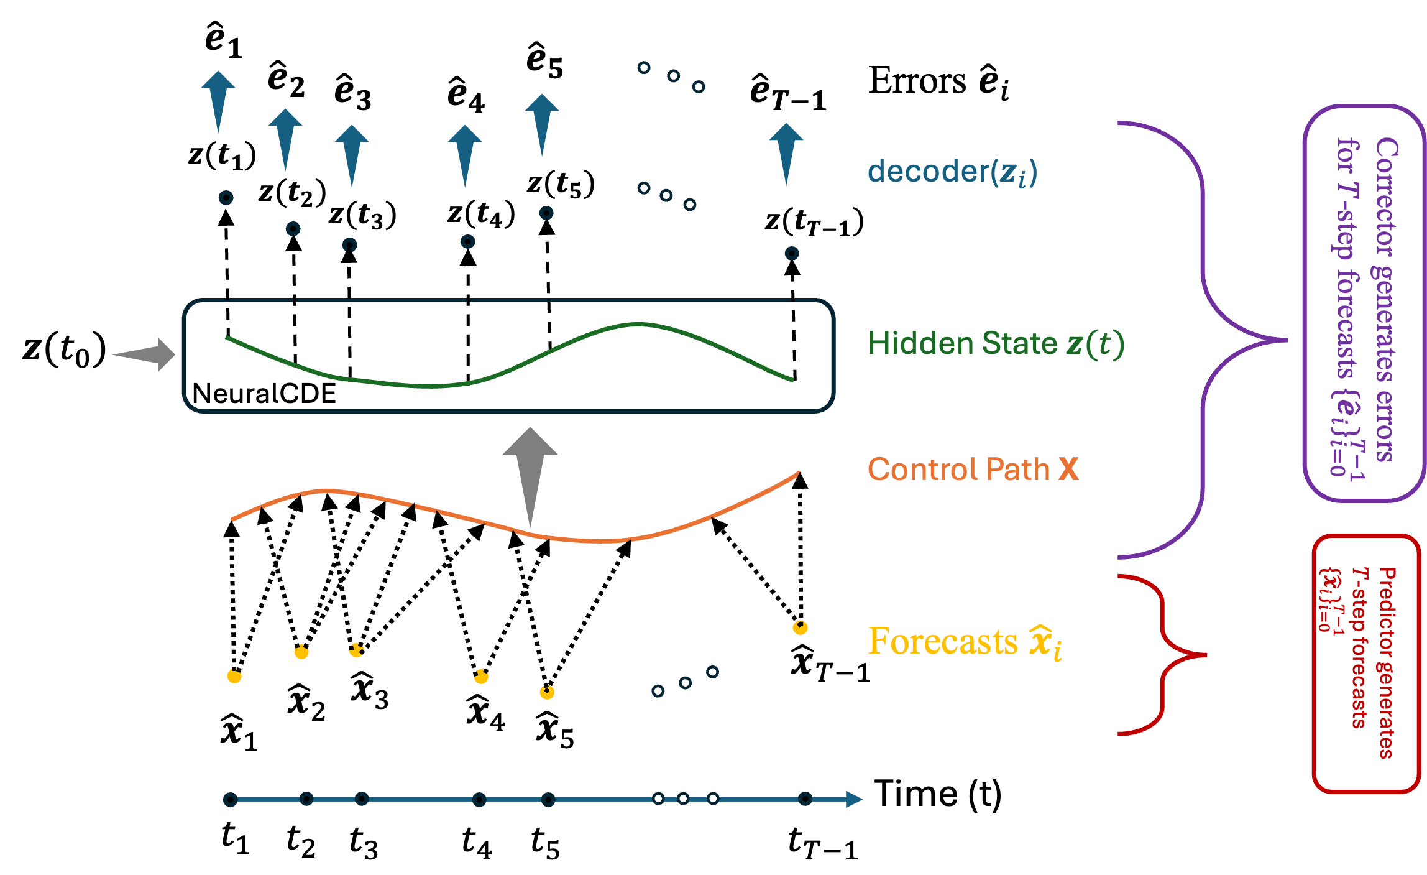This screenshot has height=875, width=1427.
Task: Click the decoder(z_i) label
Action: pos(952,172)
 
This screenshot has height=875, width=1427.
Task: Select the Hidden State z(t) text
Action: pos(995,343)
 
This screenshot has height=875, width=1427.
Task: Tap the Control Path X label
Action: pos(973,469)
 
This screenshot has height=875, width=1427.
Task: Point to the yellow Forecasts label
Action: pos(964,642)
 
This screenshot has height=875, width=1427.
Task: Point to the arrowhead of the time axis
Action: pos(855,799)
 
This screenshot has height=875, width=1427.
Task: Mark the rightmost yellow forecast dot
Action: pos(800,627)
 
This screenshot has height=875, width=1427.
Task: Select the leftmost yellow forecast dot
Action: pos(234,676)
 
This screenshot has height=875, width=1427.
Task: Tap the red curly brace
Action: pos(1162,655)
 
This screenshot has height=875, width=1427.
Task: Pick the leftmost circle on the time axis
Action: pos(231,799)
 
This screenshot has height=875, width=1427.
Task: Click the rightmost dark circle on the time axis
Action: pos(805,799)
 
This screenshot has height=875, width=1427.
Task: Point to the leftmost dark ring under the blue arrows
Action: pos(226,198)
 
